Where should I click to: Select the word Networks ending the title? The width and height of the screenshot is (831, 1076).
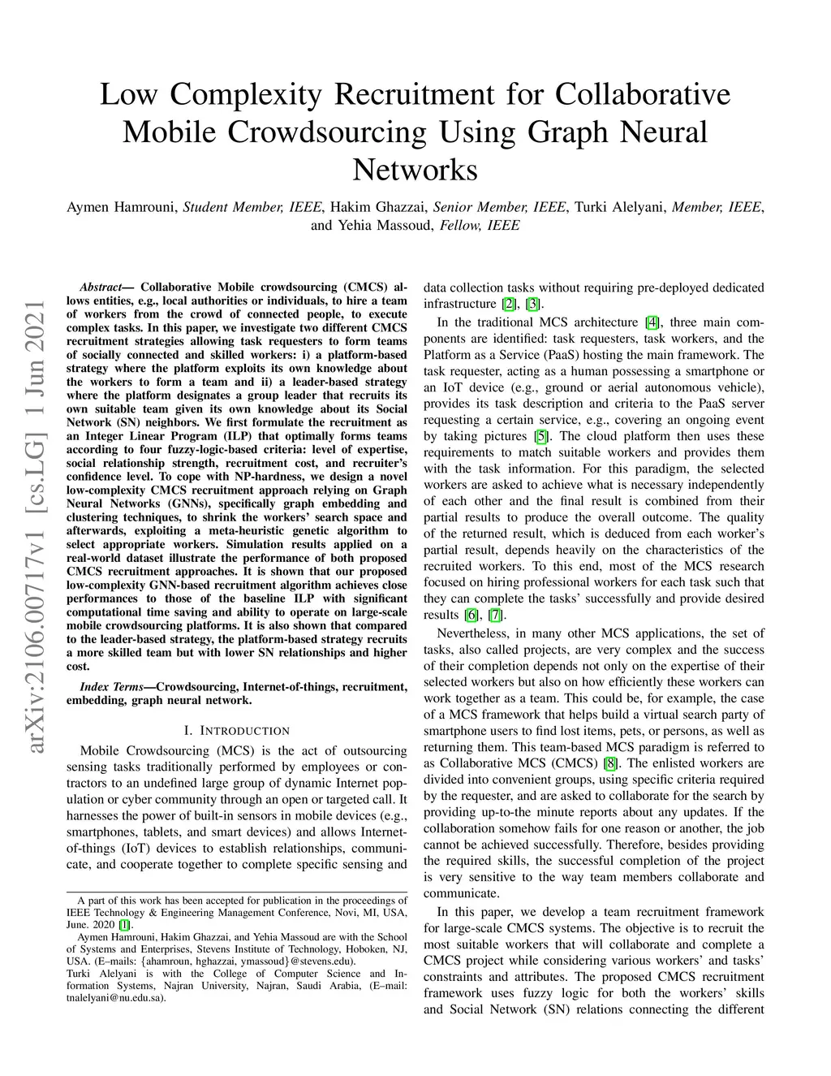point(415,170)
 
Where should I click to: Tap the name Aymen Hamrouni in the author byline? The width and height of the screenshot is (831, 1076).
point(122,207)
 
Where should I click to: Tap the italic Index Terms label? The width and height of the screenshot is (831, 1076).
point(112,687)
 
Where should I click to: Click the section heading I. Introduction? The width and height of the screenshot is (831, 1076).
point(237,731)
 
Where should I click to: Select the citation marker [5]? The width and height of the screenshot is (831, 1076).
point(540,436)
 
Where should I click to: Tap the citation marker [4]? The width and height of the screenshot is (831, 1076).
point(652,322)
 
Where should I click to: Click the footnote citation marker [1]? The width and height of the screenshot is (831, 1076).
point(123,924)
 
